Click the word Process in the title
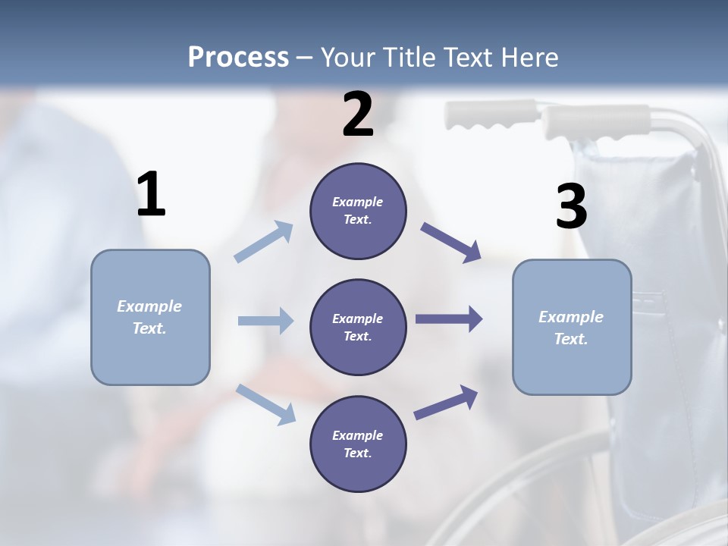[x=238, y=58]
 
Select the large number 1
[x=151, y=195]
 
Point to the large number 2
[x=358, y=115]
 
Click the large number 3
[x=571, y=207]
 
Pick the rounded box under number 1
[x=150, y=317]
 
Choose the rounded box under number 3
[x=572, y=327]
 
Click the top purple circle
[x=358, y=211]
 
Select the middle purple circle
[x=358, y=327]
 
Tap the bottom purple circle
[x=358, y=444]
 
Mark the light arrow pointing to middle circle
[x=265, y=321]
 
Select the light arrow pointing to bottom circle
[x=265, y=404]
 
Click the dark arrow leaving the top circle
[x=451, y=243]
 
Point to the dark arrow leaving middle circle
[x=448, y=318]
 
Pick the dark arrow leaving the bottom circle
[x=446, y=403]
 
